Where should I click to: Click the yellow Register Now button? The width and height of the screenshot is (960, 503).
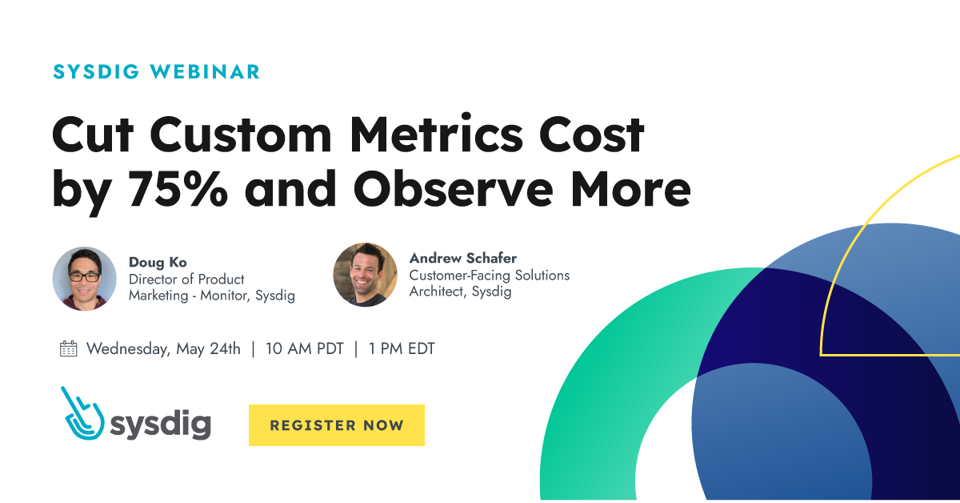pyautogui.click(x=336, y=425)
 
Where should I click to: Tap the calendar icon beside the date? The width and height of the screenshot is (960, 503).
pyautogui.click(x=69, y=348)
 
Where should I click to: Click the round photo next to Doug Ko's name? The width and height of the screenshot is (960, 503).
pyautogui.click(x=84, y=278)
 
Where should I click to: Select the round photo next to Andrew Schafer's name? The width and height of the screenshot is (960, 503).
pyautogui.click(x=365, y=275)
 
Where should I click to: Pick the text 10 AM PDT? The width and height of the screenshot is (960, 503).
pyautogui.click(x=304, y=349)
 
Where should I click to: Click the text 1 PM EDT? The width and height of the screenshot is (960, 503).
pyautogui.click(x=402, y=349)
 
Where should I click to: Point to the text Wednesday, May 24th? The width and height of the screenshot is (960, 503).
pyautogui.click(x=163, y=349)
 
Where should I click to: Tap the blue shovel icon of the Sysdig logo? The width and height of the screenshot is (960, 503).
pyautogui.click(x=82, y=414)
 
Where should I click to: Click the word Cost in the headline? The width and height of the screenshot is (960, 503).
pyautogui.click(x=593, y=135)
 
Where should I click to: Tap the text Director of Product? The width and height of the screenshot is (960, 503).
pyautogui.click(x=186, y=280)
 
